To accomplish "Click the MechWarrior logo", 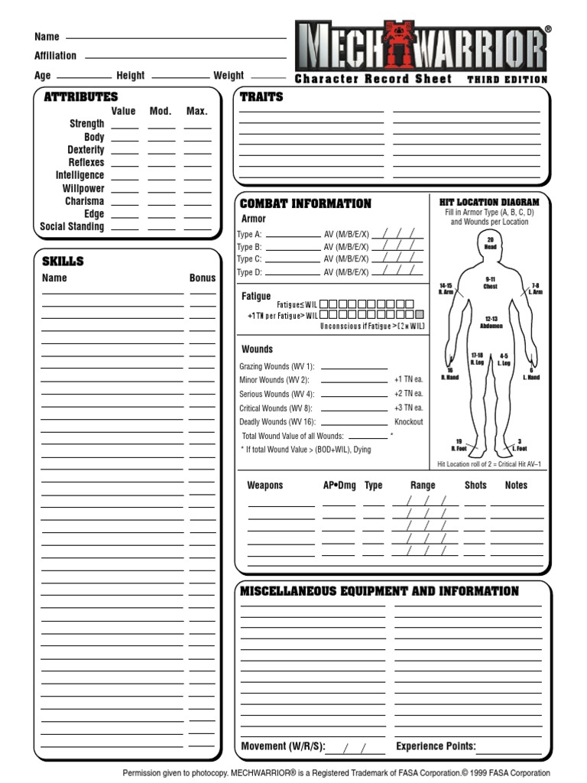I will pyautogui.click(x=421, y=47).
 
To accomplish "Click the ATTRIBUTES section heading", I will pyautogui.click(x=81, y=97).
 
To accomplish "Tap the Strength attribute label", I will pyautogui.click(x=87, y=124).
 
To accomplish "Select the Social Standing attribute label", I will pyautogui.click(x=72, y=227).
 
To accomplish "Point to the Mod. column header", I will pyautogui.click(x=161, y=111).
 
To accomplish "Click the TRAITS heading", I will pyautogui.click(x=261, y=97).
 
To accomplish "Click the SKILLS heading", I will pyautogui.click(x=63, y=262).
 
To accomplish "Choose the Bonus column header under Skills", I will pyautogui.click(x=203, y=278).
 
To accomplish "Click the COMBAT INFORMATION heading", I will pyautogui.click(x=306, y=204).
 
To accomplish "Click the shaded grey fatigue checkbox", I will pyautogui.click(x=419, y=314).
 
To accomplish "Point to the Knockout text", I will pyautogui.click(x=408, y=422).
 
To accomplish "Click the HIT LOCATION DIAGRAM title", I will pyautogui.click(x=490, y=202).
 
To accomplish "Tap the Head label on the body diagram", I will pyautogui.click(x=490, y=247).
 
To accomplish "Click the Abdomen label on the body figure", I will pyautogui.click(x=491, y=326).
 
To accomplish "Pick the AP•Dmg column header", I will pyautogui.click(x=339, y=486).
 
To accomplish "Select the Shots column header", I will pyautogui.click(x=475, y=486).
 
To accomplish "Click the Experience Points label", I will pyautogui.click(x=436, y=746).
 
